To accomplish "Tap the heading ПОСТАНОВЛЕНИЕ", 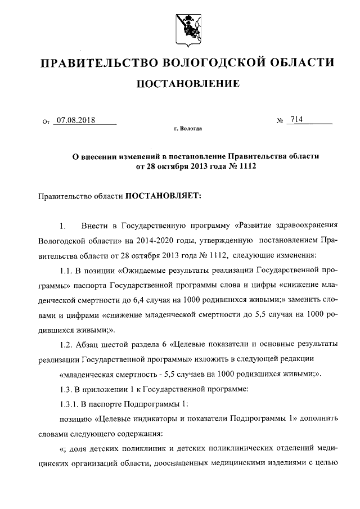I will coord(188,84).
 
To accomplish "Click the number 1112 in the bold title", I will coord(237,167).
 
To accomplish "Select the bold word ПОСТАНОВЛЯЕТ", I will coord(163,196).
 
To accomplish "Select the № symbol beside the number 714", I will coord(279,120).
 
